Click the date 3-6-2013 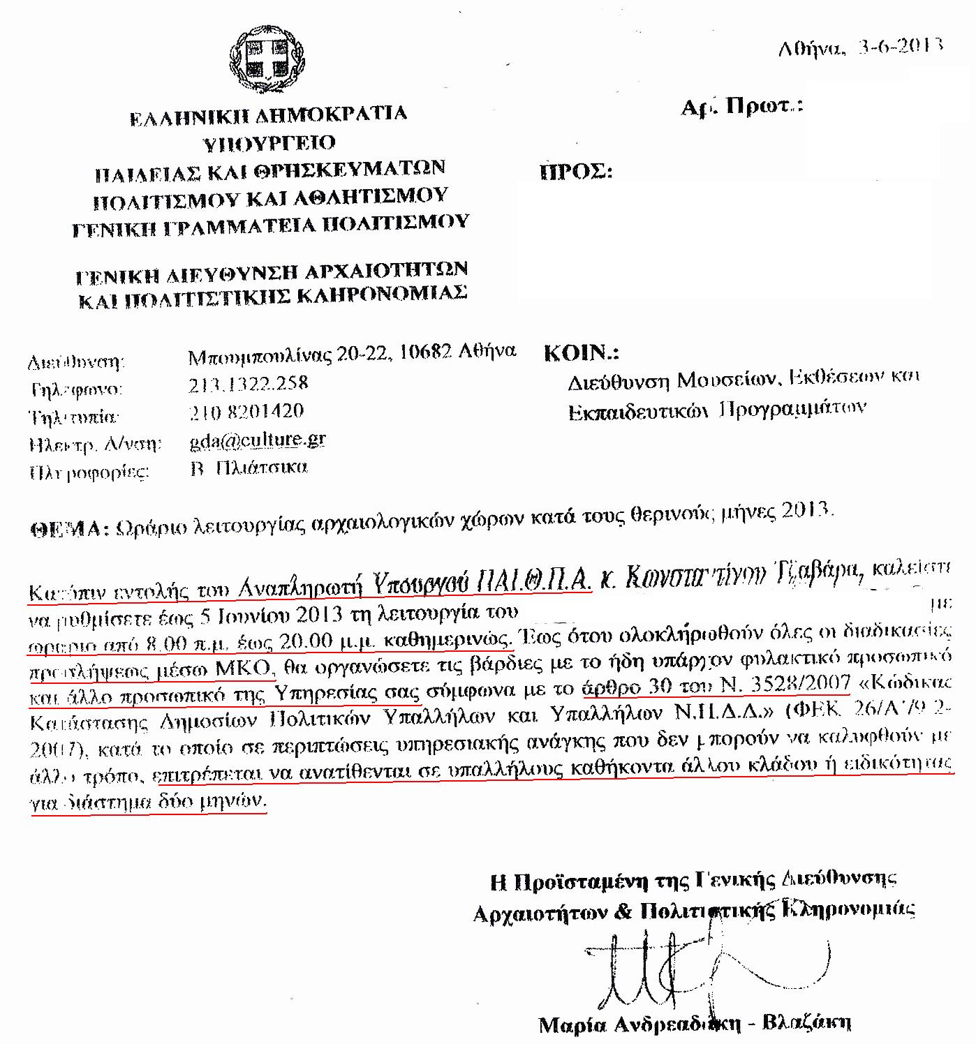(900, 47)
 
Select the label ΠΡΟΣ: (576, 172)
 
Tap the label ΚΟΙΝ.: (581, 353)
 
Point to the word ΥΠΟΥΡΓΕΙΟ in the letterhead (269, 143)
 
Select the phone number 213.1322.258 (248, 384)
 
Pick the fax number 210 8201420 (246, 411)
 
